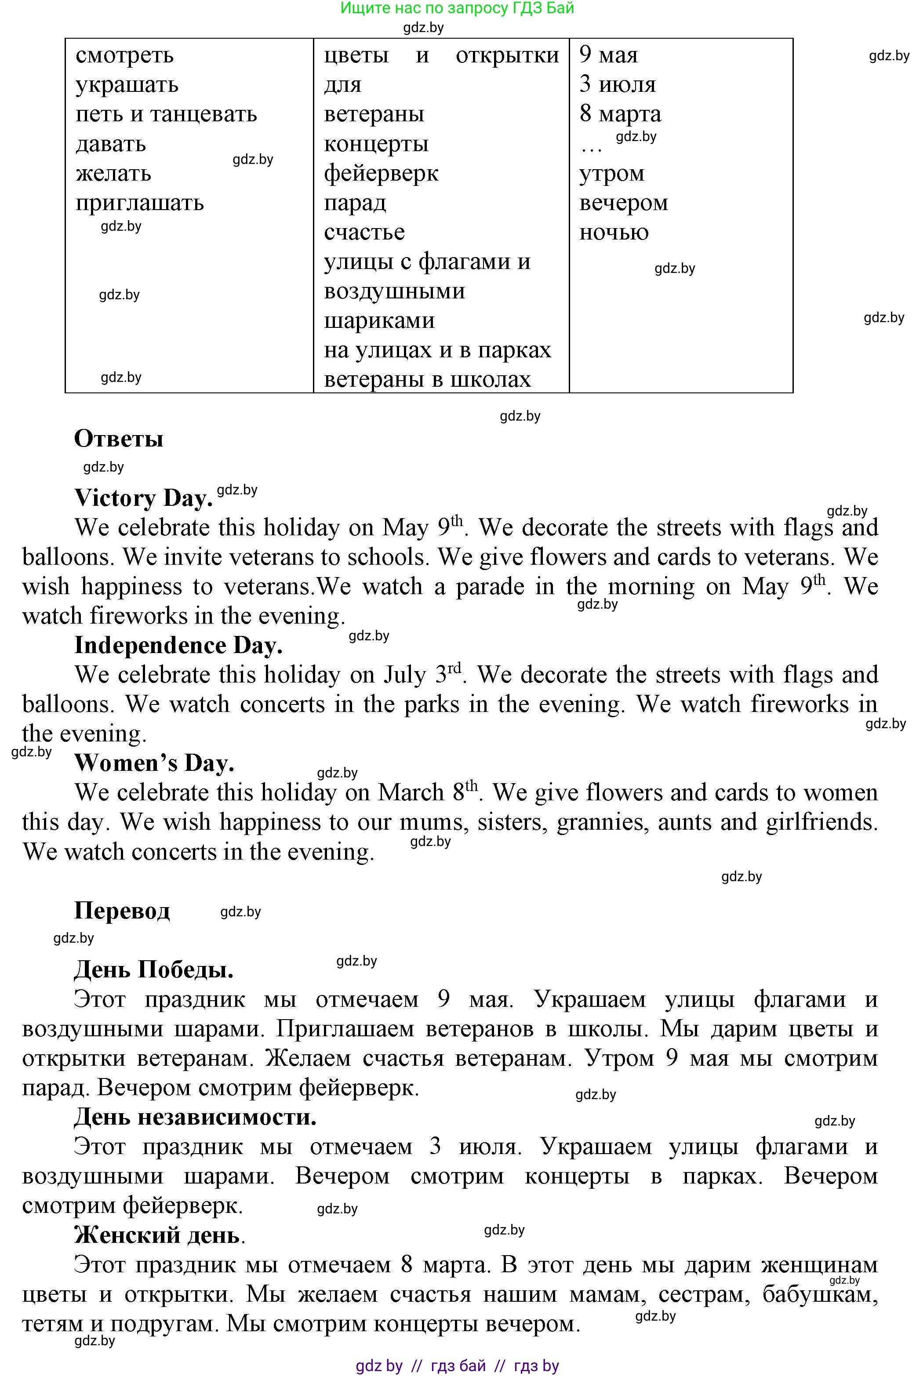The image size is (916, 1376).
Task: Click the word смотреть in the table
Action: click(x=124, y=55)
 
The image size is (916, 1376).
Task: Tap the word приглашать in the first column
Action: click(x=140, y=203)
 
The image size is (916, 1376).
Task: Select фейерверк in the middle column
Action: click(x=381, y=174)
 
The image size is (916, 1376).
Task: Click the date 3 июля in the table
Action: click(x=618, y=85)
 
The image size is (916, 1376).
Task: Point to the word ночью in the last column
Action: click(x=614, y=232)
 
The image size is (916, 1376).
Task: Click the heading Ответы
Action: click(x=119, y=439)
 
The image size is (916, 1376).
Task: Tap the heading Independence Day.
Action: click(x=178, y=645)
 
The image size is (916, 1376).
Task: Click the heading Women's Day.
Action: click(x=154, y=763)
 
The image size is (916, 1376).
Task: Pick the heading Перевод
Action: click(x=122, y=911)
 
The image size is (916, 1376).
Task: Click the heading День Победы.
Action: click(x=154, y=969)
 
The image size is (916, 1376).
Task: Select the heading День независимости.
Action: click(x=195, y=1117)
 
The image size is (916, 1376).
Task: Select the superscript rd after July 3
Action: click(x=454, y=667)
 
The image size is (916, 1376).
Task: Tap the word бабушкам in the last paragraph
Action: click(x=820, y=1294)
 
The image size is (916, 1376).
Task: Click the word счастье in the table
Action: click(x=364, y=232)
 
